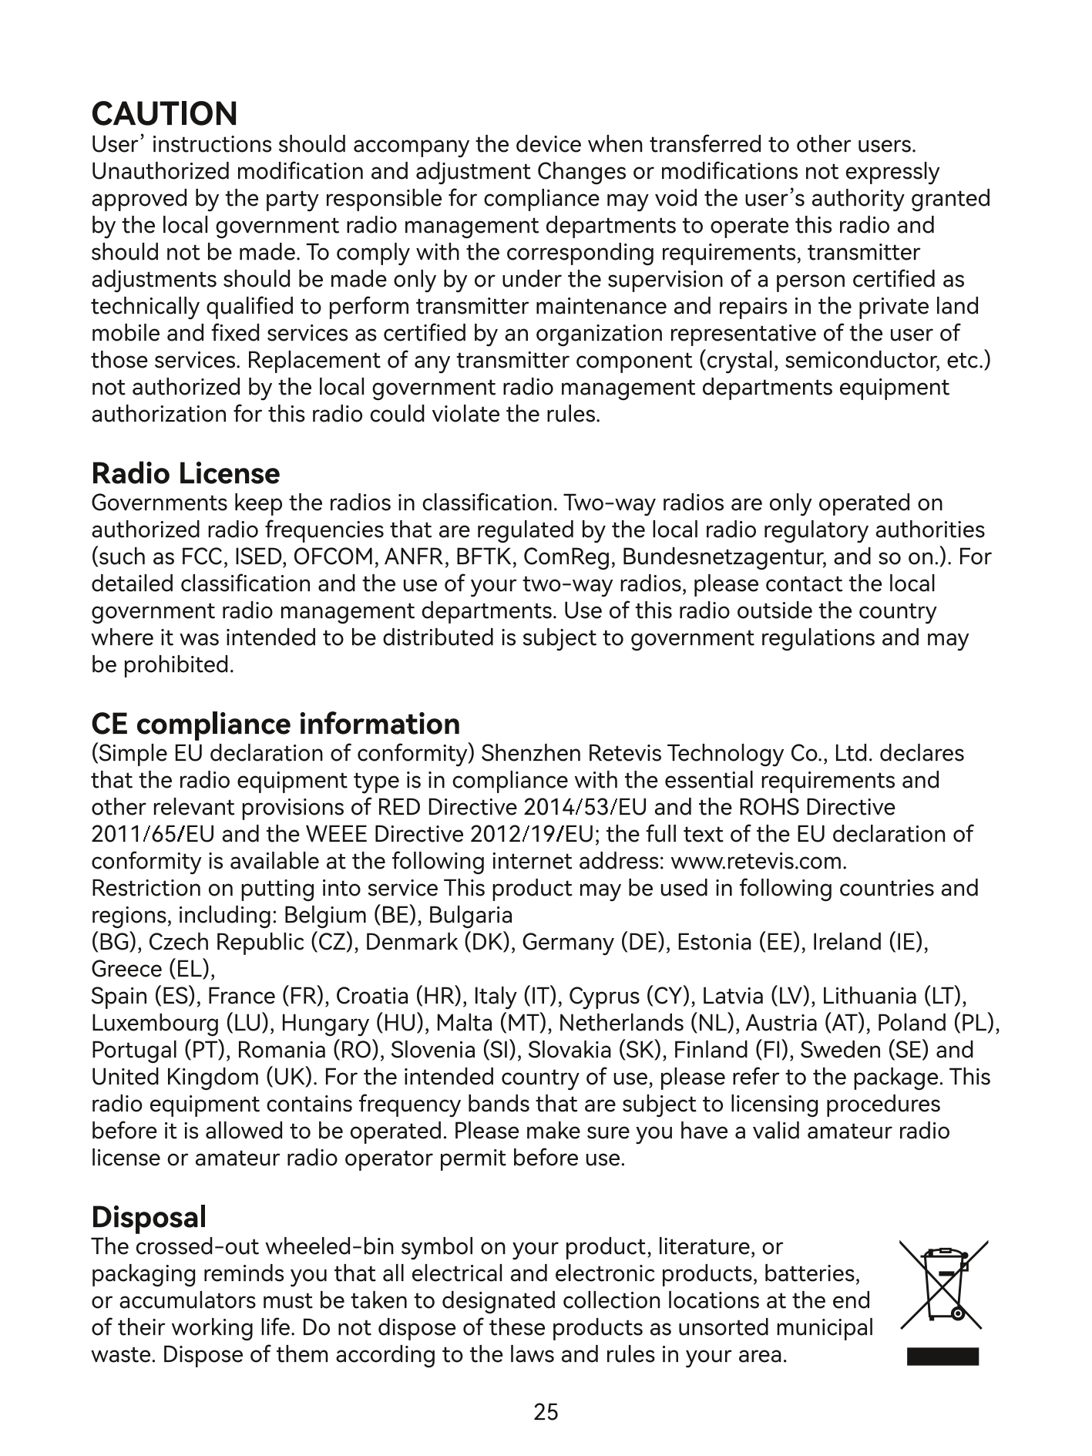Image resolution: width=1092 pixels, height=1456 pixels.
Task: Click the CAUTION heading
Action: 164,114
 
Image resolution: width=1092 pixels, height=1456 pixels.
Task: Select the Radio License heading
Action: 185,472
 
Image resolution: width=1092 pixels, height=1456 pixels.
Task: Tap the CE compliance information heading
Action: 275,724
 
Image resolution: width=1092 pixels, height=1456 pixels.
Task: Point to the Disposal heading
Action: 149,1217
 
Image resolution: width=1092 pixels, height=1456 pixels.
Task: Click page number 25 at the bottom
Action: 546,1412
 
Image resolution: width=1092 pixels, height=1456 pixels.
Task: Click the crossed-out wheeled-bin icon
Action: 944,1283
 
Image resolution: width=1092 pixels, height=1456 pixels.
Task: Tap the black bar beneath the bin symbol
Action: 942,1357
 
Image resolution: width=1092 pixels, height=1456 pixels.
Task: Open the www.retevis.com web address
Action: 760,861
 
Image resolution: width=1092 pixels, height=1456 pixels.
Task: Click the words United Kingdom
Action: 175,1077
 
